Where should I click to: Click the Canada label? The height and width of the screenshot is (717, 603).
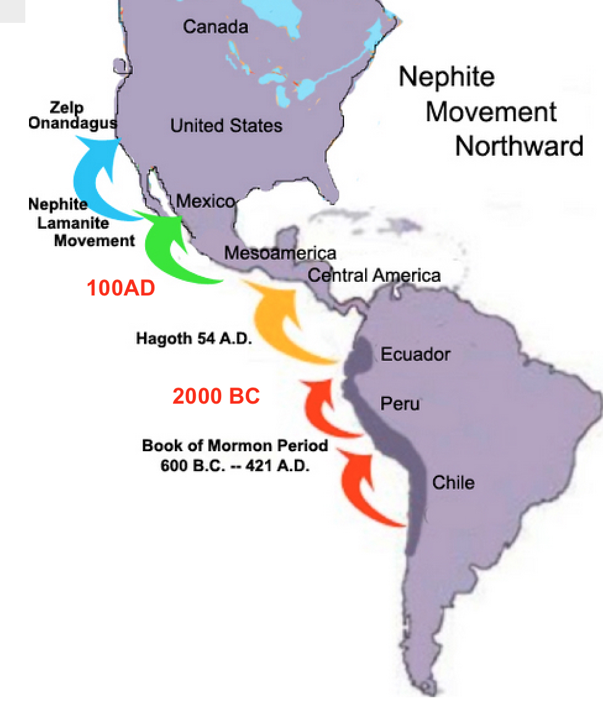point(216,27)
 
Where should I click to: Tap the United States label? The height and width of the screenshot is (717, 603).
point(226,126)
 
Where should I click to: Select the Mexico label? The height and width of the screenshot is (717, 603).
point(205,202)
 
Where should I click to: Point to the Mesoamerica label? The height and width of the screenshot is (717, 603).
point(280,253)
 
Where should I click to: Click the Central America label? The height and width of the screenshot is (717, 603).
point(374,275)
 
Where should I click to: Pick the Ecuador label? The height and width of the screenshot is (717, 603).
point(415,354)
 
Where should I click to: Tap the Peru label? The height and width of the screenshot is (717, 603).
point(400,404)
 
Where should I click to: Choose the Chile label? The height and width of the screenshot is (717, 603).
point(453,482)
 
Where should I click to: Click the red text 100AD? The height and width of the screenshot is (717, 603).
point(121,288)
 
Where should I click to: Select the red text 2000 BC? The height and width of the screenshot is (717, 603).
point(216,396)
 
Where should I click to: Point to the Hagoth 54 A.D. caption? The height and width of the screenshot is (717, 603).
point(194,339)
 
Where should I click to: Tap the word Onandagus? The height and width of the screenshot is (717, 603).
point(72,122)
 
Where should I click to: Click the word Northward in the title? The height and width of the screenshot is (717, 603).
point(519,146)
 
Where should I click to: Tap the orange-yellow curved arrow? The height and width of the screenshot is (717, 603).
point(281,321)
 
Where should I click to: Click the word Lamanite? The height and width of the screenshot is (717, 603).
point(73,223)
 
